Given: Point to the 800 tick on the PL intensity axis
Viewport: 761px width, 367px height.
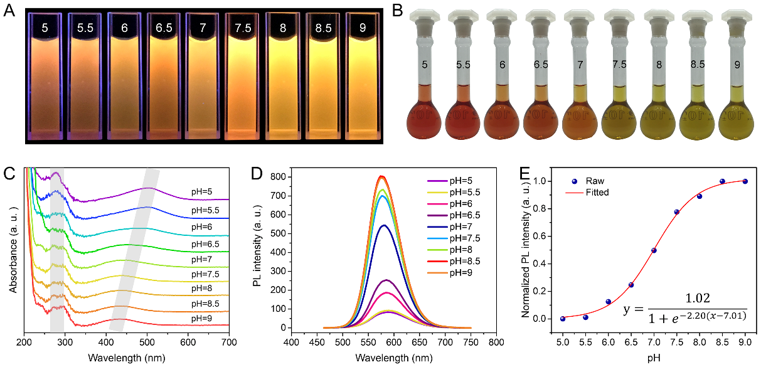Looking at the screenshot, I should pos(274,178).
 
